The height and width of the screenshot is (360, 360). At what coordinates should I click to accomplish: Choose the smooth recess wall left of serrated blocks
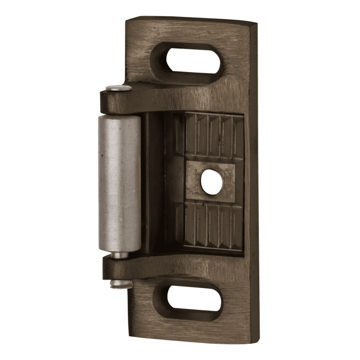(x=155, y=182)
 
